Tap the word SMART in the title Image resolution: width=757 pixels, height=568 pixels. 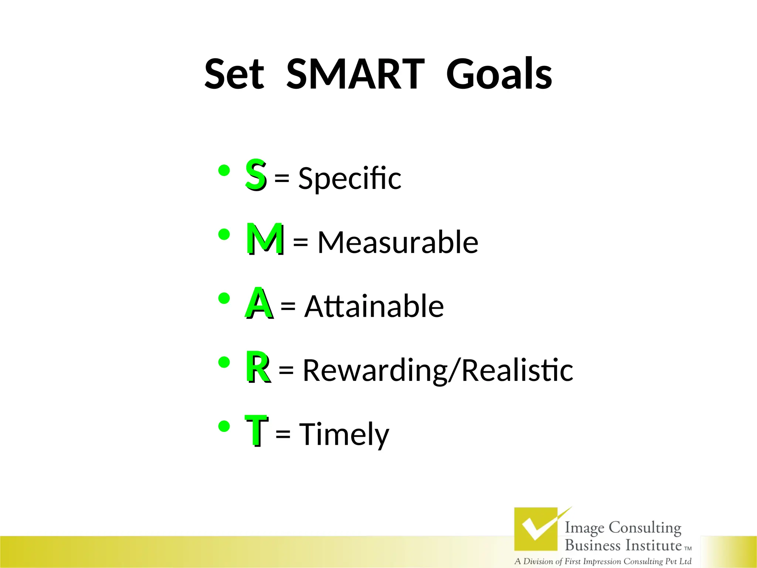point(356,74)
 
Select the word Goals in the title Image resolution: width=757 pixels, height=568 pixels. point(499,74)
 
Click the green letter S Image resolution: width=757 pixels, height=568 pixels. point(255,174)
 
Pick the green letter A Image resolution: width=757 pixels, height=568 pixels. point(259,303)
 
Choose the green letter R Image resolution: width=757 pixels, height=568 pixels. point(258,367)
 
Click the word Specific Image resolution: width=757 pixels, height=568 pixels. point(350,179)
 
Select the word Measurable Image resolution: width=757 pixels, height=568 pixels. point(398,243)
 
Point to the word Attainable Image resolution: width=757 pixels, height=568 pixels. point(374,307)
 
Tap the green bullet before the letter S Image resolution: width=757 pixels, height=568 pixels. point(224,171)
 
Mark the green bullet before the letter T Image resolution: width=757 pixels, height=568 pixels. point(224,427)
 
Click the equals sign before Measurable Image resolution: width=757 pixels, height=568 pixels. point(300,243)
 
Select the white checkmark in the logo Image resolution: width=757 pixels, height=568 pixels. point(536,527)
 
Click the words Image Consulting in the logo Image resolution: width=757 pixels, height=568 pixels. point(623,528)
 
